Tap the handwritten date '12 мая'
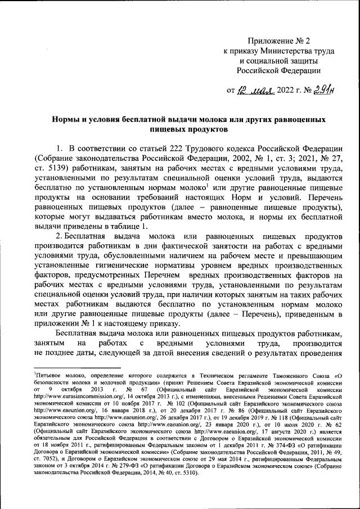click(255, 89)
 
